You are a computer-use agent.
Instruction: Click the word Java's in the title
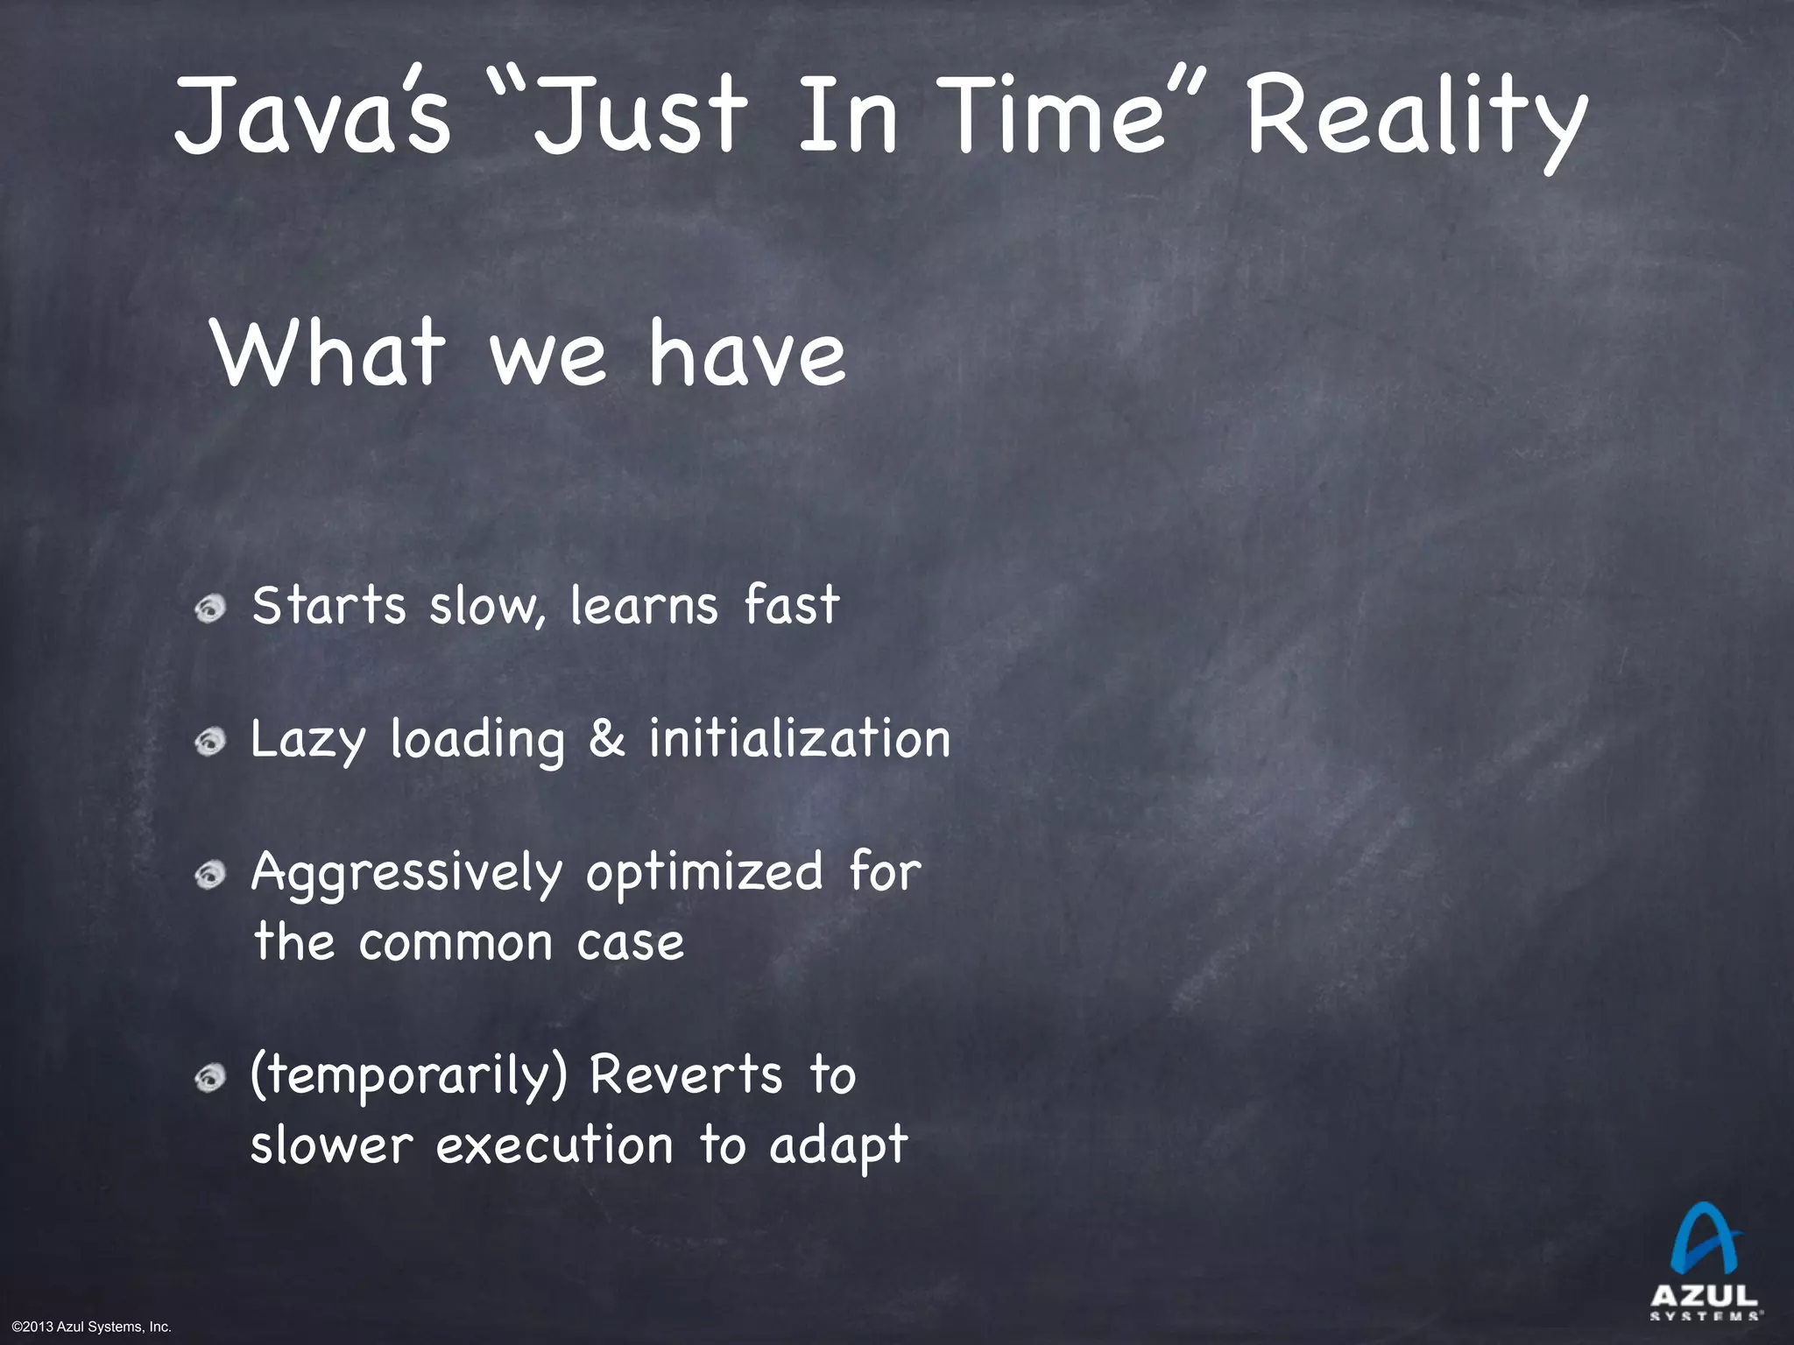click(312, 116)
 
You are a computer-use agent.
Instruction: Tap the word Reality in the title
click(1416, 119)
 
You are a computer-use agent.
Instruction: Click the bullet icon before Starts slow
click(211, 608)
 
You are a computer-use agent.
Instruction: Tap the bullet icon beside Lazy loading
click(211, 742)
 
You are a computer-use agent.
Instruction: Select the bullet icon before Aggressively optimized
click(211, 875)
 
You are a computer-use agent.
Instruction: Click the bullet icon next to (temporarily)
click(211, 1078)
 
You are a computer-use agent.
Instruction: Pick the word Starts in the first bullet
click(328, 605)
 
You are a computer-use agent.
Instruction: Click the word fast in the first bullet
click(792, 605)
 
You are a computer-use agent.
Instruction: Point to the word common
click(456, 943)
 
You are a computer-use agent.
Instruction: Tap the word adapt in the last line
click(838, 1146)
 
